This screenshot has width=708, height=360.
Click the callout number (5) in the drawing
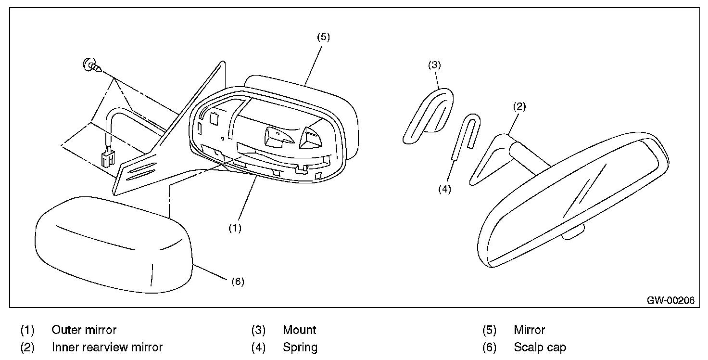(x=323, y=37)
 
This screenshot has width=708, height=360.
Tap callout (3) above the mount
(x=434, y=65)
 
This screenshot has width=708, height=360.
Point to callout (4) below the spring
(x=444, y=189)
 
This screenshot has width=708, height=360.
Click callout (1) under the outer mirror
(x=234, y=229)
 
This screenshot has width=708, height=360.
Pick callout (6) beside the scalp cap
(x=238, y=282)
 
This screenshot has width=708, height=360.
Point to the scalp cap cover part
(x=111, y=245)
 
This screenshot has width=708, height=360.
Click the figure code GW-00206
(x=670, y=300)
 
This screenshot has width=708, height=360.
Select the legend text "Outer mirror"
(x=84, y=330)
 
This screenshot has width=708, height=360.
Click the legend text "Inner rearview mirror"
(x=107, y=347)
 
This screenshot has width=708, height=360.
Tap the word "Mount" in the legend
(x=299, y=330)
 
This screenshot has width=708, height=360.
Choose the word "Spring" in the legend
(x=300, y=347)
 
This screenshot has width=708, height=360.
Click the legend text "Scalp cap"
(x=540, y=347)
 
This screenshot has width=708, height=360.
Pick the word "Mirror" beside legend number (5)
(x=529, y=330)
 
